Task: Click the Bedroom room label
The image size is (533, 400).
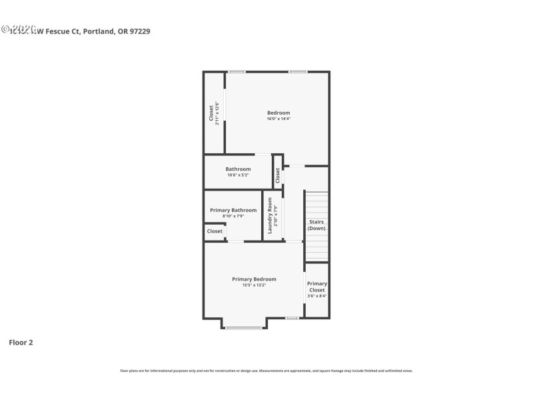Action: (x=278, y=113)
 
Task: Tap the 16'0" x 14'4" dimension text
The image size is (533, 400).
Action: (x=278, y=119)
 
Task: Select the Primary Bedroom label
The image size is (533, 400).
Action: (x=254, y=279)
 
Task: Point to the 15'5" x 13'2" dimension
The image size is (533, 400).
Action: (x=254, y=285)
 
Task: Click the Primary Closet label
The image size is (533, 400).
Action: (x=317, y=287)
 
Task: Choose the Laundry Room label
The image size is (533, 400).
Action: (x=270, y=214)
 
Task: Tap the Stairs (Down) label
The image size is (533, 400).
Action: (x=316, y=225)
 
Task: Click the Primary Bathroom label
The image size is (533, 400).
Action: (x=233, y=210)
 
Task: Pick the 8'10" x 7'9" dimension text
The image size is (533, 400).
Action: (x=233, y=216)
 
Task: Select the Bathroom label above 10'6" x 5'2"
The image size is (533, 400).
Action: (x=238, y=169)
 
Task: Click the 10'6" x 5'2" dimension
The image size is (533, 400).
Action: (x=238, y=175)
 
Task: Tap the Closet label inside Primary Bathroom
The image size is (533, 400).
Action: (x=215, y=231)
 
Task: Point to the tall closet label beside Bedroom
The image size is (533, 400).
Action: (x=212, y=113)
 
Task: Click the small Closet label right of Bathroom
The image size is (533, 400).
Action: (x=278, y=175)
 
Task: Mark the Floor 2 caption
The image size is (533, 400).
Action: (x=21, y=343)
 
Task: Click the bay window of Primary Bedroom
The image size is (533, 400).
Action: (x=243, y=327)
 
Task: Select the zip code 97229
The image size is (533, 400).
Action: (x=139, y=31)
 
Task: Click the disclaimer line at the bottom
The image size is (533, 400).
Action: (x=266, y=371)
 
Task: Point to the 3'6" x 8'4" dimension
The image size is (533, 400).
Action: (x=317, y=296)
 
